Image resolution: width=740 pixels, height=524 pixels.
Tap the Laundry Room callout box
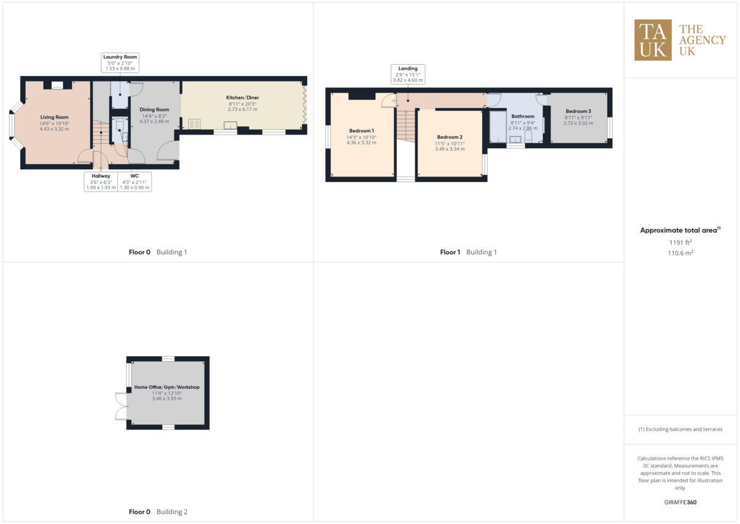[x=120, y=62]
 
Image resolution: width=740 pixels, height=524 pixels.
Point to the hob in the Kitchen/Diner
[x=194, y=124]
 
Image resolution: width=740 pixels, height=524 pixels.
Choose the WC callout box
[x=134, y=181]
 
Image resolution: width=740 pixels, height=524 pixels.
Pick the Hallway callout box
[x=101, y=181]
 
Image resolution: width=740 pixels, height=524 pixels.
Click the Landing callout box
[x=408, y=74]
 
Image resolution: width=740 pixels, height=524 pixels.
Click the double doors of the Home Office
[x=120, y=406]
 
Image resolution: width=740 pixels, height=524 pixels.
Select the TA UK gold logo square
[x=653, y=40]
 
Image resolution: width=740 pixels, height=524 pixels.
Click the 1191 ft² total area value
[x=680, y=243]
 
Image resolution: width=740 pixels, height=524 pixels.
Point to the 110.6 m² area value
[x=680, y=253]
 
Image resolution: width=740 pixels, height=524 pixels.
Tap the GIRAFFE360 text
[x=680, y=502]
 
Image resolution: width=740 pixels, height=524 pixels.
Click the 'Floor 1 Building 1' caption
[x=468, y=252]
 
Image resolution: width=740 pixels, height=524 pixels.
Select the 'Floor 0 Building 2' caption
[x=158, y=512]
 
